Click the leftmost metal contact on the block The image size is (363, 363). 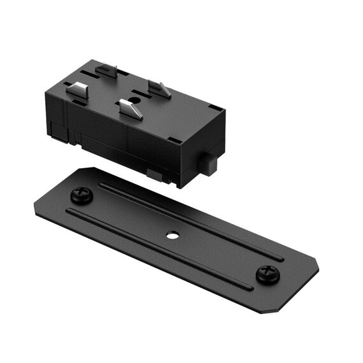[77, 90]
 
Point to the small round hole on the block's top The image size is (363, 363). [136, 99]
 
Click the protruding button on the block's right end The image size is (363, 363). [207, 164]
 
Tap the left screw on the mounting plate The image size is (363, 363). [82, 194]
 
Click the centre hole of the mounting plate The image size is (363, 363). [172, 235]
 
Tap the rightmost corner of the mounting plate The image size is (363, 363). [318, 264]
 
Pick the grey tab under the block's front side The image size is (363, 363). [153, 173]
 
